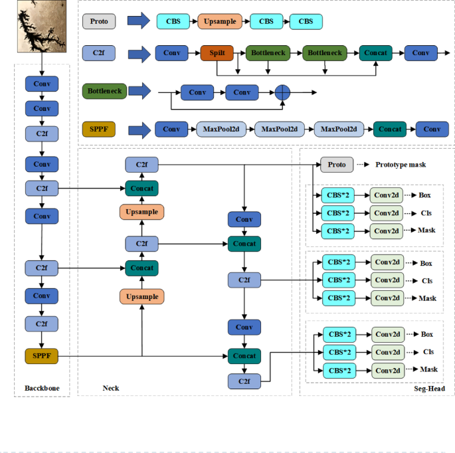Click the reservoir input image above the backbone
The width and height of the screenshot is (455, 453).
point(41,27)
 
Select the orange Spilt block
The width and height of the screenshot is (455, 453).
point(219,52)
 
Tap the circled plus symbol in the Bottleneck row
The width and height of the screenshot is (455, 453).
point(284,92)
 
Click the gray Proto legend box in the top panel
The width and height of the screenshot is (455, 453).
point(99,21)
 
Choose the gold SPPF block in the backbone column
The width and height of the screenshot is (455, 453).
point(42,357)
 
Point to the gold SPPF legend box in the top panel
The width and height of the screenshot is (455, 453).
point(99,129)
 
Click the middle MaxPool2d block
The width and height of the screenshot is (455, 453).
point(279,129)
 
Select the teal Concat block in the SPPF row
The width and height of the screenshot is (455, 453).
point(391,129)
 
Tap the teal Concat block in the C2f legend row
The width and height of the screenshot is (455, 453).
point(377,52)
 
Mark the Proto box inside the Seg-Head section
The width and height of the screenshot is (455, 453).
point(337,164)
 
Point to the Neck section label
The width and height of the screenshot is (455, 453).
point(111,388)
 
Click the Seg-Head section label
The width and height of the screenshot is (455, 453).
point(427,388)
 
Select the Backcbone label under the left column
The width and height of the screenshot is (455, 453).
point(42,388)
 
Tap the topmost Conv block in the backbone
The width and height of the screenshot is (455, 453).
point(42,84)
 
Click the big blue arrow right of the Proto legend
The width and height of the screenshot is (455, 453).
point(138,21)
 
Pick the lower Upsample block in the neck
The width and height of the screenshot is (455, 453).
point(141,296)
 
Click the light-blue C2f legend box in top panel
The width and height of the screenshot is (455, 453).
point(99,52)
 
